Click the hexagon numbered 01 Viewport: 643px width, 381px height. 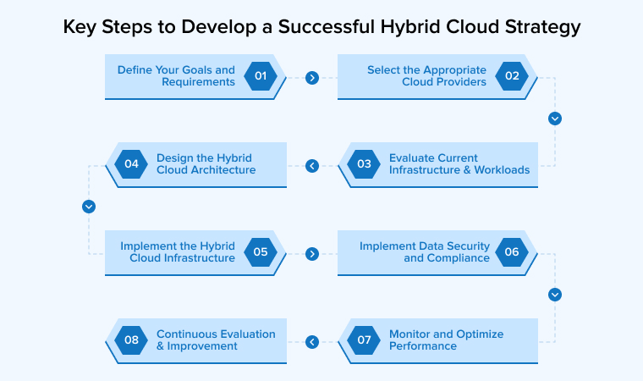click(261, 76)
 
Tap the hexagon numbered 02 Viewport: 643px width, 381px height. click(512, 76)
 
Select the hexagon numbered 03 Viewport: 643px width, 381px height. click(364, 164)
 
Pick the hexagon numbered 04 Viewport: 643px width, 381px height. click(131, 164)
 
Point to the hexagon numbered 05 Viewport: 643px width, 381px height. click(261, 252)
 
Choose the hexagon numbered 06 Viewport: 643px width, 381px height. click(512, 252)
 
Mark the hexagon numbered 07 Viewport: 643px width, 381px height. click(364, 340)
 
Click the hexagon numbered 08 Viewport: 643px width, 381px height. click(131, 340)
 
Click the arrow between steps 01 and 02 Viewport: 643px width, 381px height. click(312, 78)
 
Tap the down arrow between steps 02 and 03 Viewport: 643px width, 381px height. click(555, 119)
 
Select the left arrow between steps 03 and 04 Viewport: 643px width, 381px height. click(312, 166)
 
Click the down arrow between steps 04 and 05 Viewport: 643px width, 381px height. click(89, 207)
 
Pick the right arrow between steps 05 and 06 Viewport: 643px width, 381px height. click(312, 253)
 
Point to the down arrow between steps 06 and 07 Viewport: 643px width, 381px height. click(555, 295)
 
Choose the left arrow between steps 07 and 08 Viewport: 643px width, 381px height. click(312, 342)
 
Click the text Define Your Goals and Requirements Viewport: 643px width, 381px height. click(176, 76)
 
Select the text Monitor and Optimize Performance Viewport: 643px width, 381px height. click(446, 340)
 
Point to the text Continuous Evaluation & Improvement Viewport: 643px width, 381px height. click(216, 340)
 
